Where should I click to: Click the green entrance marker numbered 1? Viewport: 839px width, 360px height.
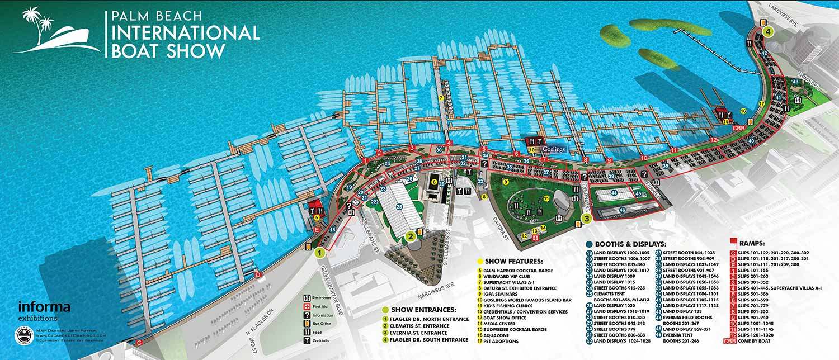(x=320, y=253)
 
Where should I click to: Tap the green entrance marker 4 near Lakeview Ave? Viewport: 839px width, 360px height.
(x=769, y=32)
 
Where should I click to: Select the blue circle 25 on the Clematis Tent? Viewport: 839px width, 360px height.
(x=399, y=206)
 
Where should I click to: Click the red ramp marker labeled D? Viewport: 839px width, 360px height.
(x=258, y=274)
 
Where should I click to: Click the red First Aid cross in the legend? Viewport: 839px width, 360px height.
(x=307, y=307)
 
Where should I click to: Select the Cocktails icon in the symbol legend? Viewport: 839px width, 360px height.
(x=307, y=340)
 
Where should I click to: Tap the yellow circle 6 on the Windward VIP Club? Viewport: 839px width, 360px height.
(x=433, y=182)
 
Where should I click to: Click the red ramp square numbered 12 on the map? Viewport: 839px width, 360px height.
(x=714, y=140)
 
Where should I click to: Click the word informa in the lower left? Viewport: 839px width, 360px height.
(x=44, y=307)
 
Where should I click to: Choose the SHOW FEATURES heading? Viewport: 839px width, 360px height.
(x=514, y=261)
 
